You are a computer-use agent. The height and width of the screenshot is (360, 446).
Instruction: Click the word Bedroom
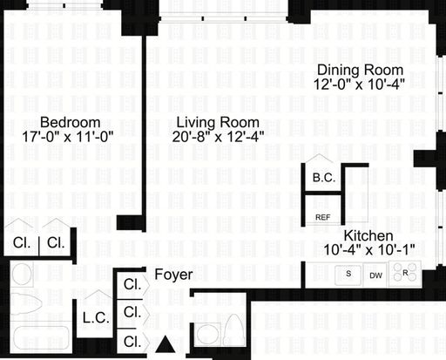(x=71, y=122)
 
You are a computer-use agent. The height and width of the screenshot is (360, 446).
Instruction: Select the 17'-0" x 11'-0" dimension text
(x=68, y=136)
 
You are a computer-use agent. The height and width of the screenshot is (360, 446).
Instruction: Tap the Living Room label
(x=218, y=122)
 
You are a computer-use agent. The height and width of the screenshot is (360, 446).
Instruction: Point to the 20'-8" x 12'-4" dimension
(x=218, y=136)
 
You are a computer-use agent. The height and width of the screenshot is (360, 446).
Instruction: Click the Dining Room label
(x=360, y=70)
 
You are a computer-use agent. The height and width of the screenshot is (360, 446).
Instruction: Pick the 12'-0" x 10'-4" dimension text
(x=359, y=85)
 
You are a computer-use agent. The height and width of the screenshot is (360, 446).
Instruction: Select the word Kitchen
(x=368, y=235)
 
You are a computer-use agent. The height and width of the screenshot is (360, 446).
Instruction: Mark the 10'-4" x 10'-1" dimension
(x=369, y=249)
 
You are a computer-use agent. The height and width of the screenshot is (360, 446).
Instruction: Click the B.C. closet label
(x=324, y=178)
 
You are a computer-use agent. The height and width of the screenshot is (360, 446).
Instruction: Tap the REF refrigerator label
(x=323, y=217)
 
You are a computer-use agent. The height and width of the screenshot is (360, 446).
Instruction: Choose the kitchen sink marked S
(x=348, y=275)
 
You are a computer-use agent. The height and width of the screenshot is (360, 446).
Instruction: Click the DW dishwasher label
(x=375, y=275)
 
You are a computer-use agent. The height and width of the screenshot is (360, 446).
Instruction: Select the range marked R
(x=405, y=274)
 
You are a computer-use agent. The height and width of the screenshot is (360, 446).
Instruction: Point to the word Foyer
(x=173, y=275)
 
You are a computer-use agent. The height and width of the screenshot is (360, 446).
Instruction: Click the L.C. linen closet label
(x=96, y=318)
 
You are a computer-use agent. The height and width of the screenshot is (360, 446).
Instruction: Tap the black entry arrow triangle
(x=166, y=344)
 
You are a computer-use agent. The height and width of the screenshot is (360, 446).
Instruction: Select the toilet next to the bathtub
(x=26, y=303)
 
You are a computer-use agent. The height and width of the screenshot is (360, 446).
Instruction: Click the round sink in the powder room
(x=207, y=334)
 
